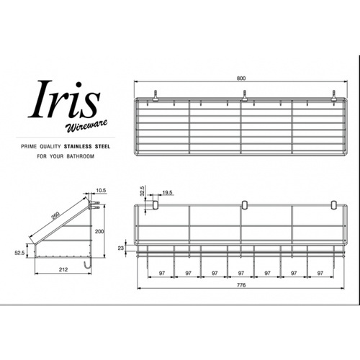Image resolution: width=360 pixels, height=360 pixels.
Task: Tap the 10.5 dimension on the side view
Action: [x=101, y=191]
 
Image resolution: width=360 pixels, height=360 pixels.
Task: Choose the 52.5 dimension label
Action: [x=20, y=253]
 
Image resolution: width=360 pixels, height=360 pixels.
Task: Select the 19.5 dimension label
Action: [x=167, y=193]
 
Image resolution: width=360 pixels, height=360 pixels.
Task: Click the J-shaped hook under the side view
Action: [x=87, y=267]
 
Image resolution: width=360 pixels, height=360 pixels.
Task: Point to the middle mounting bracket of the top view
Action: [x=244, y=94]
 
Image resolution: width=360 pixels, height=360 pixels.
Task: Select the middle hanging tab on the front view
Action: [x=244, y=205]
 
